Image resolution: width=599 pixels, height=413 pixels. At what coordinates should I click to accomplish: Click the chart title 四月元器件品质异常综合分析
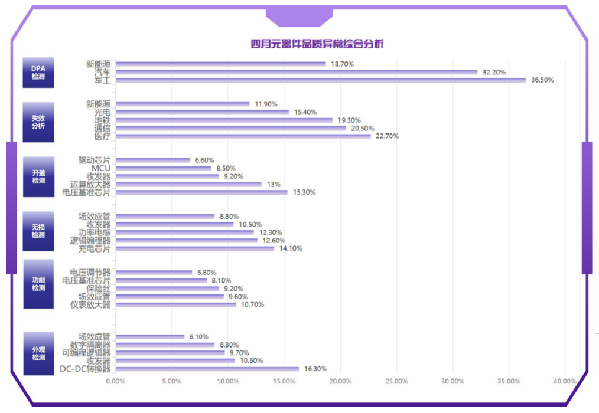[x=317, y=44]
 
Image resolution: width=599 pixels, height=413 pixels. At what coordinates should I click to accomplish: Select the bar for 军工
[x=320, y=80]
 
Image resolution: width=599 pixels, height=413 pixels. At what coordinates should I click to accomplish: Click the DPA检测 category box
[x=38, y=72]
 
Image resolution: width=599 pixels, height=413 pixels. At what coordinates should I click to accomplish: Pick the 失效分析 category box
[x=38, y=122]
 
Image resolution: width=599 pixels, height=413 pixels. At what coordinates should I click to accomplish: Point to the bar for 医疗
[x=243, y=136]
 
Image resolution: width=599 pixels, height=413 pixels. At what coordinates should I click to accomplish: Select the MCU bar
[x=163, y=168]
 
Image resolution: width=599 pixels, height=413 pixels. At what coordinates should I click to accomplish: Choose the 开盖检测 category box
[x=38, y=176]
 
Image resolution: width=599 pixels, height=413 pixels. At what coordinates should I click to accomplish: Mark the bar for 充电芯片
[x=195, y=249]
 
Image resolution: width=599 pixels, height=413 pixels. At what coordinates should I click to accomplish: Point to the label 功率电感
[x=94, y=232]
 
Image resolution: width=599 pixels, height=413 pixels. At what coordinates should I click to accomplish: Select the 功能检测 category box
[x=38, y=284]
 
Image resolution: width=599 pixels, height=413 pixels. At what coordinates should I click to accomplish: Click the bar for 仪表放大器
[x=175, y=304]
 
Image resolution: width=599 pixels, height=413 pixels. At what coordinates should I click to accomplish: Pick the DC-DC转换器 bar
[x=207, y=369]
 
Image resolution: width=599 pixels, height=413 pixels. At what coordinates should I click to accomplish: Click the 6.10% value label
[x=198, y=337]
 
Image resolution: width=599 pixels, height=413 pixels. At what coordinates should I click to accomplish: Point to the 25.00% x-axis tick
[x=396, y=381]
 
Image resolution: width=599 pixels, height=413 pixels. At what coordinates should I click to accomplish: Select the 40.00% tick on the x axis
[x=565, y=381]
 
